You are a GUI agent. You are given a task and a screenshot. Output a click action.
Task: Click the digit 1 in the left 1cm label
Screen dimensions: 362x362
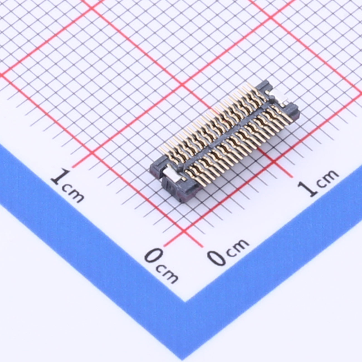(x=60, y=178)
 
